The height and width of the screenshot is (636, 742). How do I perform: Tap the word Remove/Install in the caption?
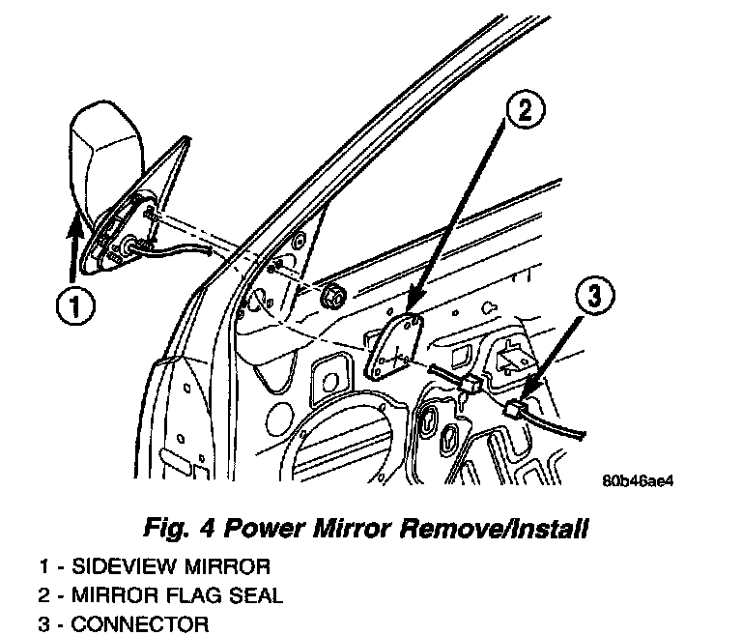[503, 529]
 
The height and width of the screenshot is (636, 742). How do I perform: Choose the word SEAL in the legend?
[256, 594]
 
